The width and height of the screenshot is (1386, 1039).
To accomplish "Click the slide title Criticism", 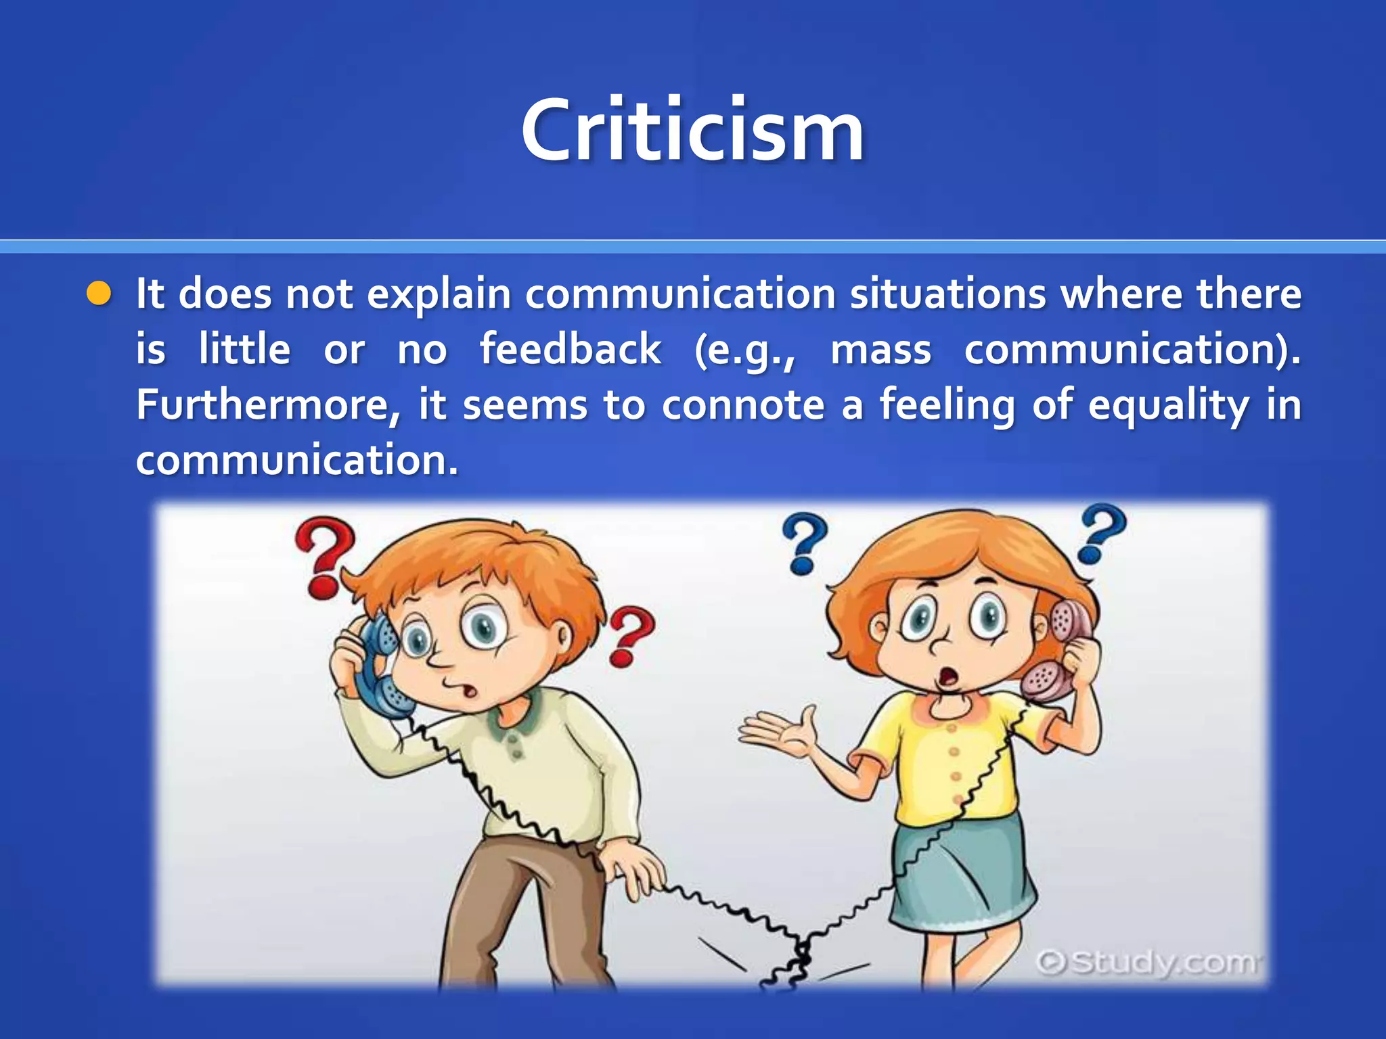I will (x=692, y=130).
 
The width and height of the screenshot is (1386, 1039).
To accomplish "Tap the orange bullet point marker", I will (x=99, y=294).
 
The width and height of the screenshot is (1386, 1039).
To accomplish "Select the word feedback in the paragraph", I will (x=570, y=350).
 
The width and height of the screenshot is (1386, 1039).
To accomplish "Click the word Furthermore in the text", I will (x=261, y=405).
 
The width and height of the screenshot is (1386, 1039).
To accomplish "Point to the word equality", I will (x=1168, y=406).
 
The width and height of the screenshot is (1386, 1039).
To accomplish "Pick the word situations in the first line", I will (x=947, y=294).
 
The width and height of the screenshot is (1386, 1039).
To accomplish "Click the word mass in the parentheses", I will (x=880, y=350).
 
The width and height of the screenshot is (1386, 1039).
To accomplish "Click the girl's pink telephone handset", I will (x=1060, y=649).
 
